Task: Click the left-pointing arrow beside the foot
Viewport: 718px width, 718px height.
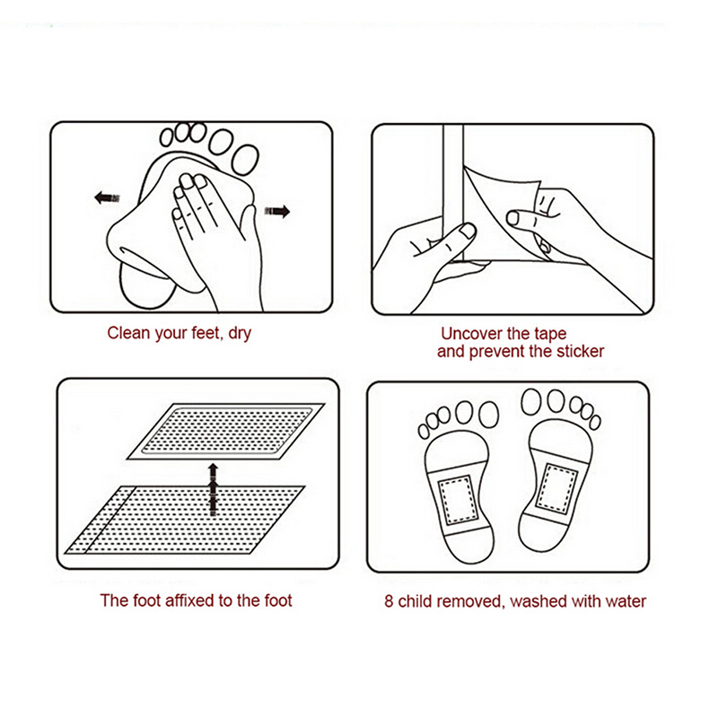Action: click(x=107, y=197)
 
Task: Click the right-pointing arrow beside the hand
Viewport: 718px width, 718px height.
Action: click(x=277, y=211)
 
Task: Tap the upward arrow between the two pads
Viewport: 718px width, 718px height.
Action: click(x=213, y=489)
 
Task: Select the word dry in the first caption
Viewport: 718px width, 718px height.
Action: click(x=240, y=334)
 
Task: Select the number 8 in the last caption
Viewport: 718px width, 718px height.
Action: click(x=389, y=601)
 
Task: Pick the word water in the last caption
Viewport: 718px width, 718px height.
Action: click(x=626, y=601)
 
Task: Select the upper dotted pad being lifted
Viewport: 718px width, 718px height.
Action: click(x=226, y=432)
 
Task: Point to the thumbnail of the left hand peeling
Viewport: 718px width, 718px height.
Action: click(x=468, y=231)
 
